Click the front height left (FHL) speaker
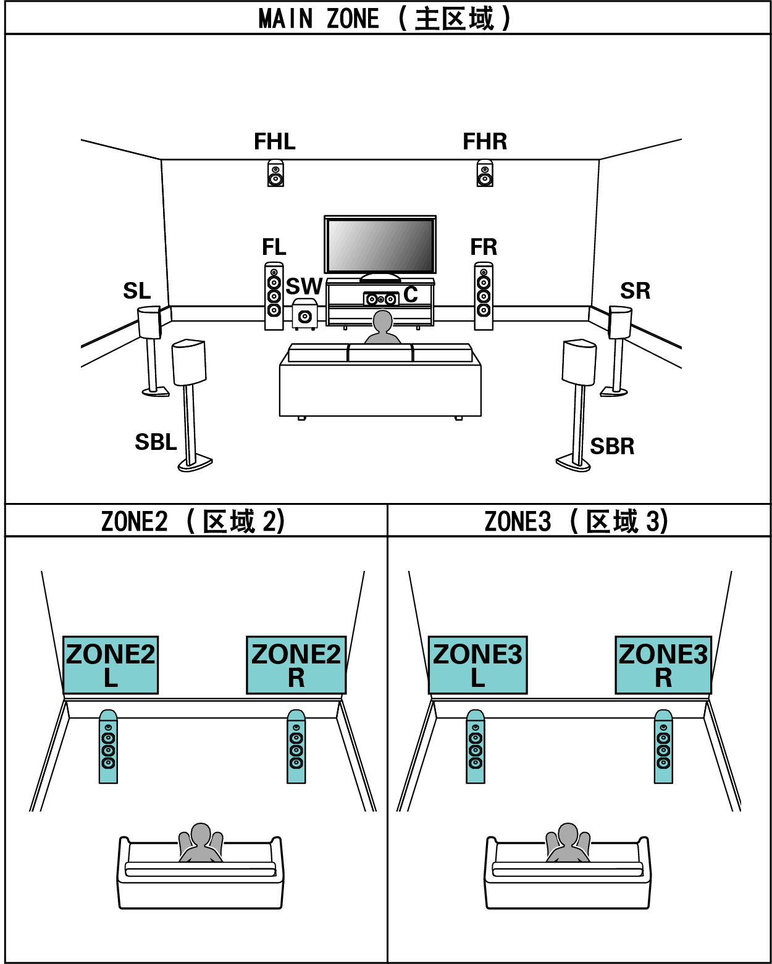coord(275,173)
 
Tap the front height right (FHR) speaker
coord(485,173)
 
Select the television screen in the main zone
coord(380,245)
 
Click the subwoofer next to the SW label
coord(304,314)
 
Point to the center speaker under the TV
coord(381,299)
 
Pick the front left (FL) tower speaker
coord(274,297)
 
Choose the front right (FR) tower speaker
coord(484,297)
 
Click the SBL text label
coord(156,443)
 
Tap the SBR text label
coord(612,446)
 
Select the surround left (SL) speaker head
coord(149,322)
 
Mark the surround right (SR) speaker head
coord(620,322)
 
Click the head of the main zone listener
coord(383,322)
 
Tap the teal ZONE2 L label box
coord(111,665)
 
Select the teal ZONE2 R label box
coord(296,665)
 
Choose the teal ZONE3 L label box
coord(477,665)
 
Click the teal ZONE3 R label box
coord(663,665)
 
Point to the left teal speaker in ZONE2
coord(108,747)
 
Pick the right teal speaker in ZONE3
coord(663,747)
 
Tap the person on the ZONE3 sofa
coord(568,842)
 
